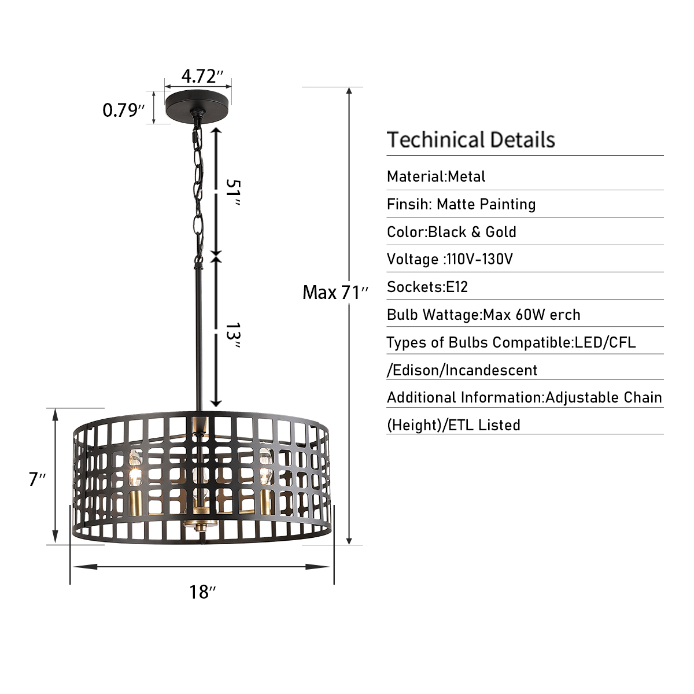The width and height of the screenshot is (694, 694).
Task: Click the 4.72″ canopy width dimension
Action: [x=202, y=76]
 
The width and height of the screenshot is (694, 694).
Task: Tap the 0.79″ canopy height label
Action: [x=124, y=110]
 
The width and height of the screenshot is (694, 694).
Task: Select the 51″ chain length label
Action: [x=232, y=193]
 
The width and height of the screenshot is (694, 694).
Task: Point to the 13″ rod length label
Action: [x=232, y=335]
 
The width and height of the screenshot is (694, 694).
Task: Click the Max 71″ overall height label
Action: [x=335, y=293]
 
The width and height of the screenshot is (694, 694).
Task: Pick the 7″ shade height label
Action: [x=37, y=479]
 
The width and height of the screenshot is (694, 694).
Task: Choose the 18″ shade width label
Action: [x=202, y=592]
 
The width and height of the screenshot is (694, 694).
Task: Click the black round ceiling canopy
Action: [x=197, y=103]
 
